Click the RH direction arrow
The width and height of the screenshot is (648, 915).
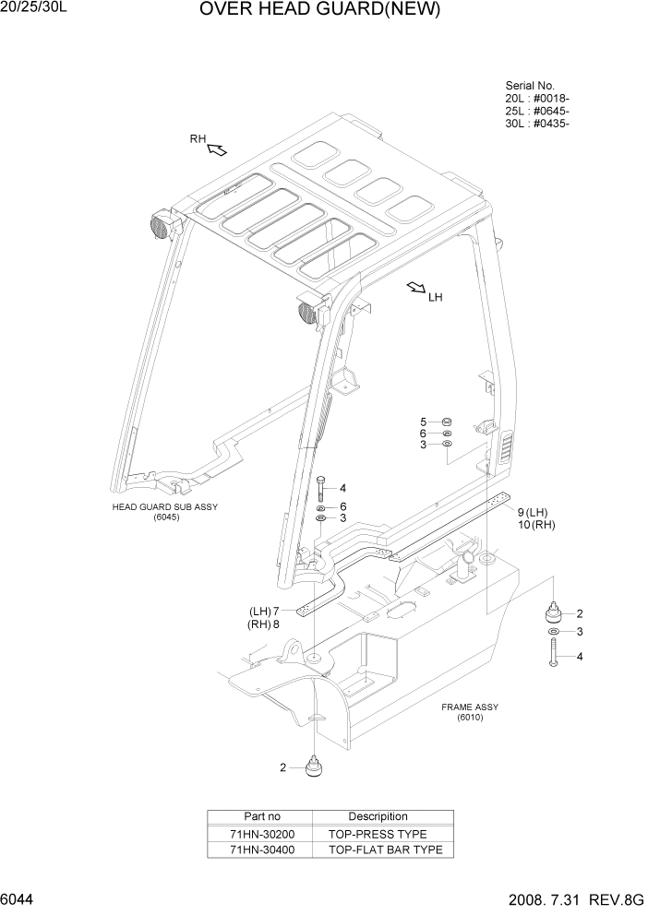click(x=217, y=149)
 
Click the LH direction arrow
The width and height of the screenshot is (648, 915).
click(x=415, y=289)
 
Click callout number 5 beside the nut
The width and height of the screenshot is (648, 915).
click(x=424, y=422)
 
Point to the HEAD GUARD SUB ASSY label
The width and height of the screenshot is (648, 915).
click(x=165, y=507)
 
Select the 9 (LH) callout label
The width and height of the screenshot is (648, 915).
click(x=533, y=512)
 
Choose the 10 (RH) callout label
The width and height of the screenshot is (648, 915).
click(x=535, y=525)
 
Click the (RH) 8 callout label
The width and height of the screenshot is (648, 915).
click(x=264, y=624)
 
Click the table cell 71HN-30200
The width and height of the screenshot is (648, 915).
click(x=262, y=834)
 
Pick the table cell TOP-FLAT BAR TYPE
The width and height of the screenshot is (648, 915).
click(x=385, y=850)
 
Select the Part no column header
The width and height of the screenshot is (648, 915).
click(x=262, y=816)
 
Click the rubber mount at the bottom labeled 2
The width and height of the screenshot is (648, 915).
click(x=316, y=766)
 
